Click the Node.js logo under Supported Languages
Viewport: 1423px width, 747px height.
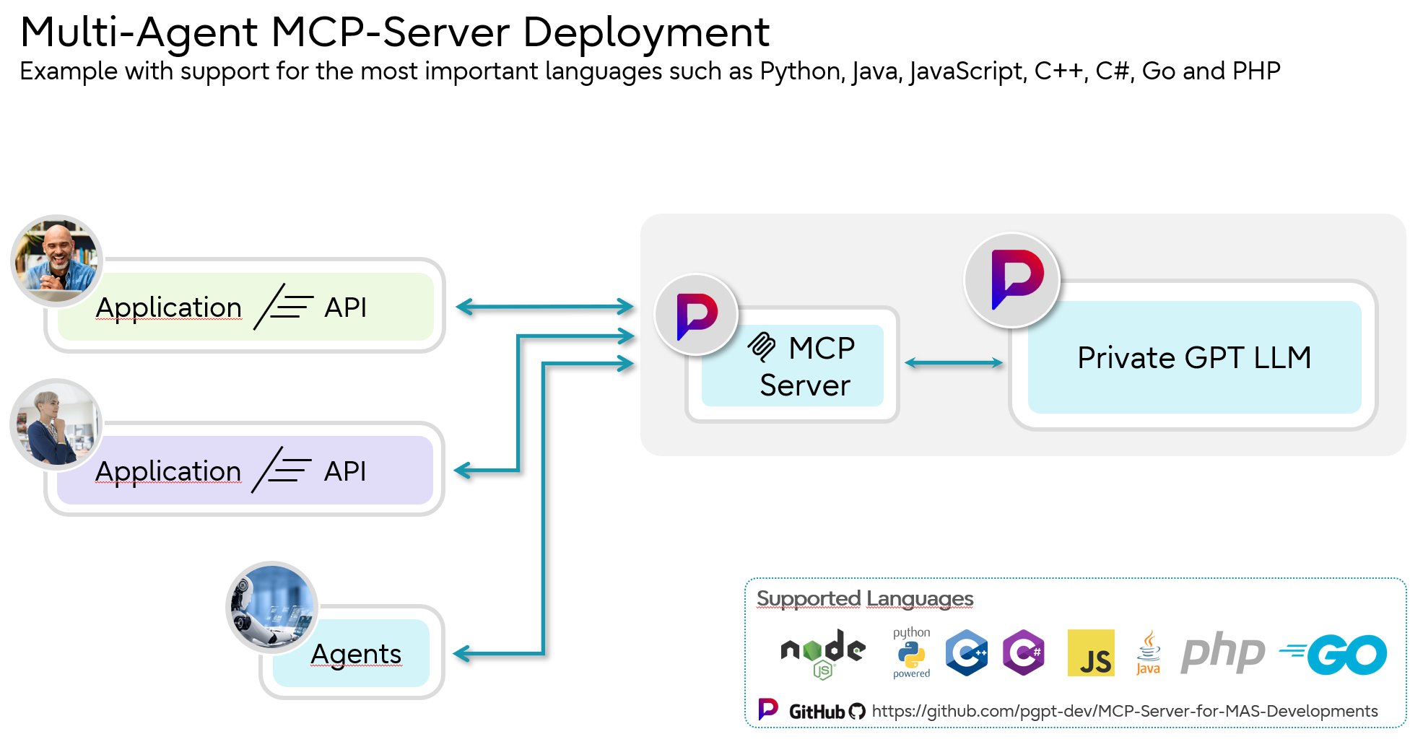coord(822,652)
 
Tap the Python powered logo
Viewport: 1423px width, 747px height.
coord(911,653)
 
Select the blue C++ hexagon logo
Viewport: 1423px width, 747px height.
coord(967,652)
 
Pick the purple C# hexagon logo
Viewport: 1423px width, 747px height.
coord(1024,652)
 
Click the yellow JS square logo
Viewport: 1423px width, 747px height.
coord(1090,652)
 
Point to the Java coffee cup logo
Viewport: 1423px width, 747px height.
coord(1148,652)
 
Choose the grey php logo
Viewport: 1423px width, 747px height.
coord(1222,652)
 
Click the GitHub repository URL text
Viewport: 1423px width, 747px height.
coord(1124,711)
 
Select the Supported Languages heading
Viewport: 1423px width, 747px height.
coord(864,598)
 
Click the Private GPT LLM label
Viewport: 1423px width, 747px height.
coord(1193,358)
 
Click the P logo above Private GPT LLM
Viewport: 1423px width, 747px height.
coord(1012,280)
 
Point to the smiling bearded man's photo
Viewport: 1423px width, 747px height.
coord(57,260)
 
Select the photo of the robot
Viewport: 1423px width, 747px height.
coord(272,607)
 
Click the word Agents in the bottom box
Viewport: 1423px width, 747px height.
coord(356,654)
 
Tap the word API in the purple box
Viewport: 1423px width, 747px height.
coord(345,471)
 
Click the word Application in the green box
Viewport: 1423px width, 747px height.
coord(168,307)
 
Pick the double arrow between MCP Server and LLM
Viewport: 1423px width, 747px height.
coord(953,363)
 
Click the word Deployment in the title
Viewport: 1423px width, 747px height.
coord(645,32)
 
